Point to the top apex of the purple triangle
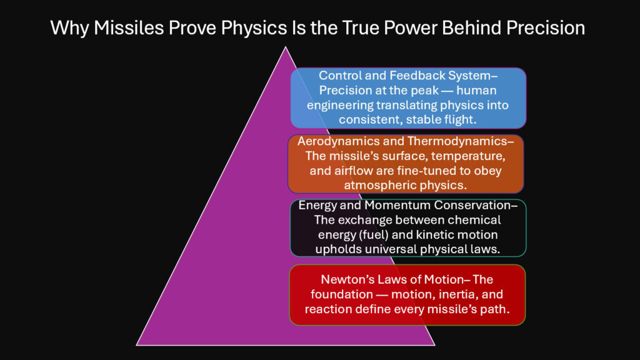point(286,47)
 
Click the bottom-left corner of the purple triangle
point(137,344)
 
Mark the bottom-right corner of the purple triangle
point(434,344)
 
